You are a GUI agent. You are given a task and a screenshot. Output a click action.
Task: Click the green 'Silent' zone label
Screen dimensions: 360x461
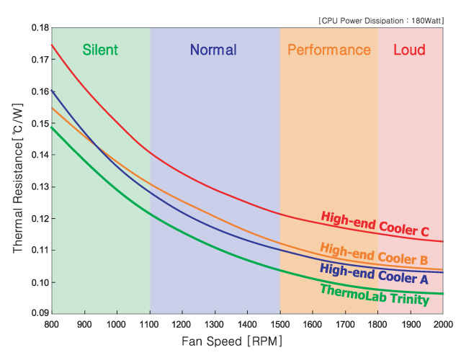pyautogui.click(x=100, y=50)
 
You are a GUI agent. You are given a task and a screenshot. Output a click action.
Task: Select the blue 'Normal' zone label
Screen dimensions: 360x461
pyautogui.click(x=213, y=50)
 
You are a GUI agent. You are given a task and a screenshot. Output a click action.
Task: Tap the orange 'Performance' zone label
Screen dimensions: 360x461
pyautogui.click(x=328, y=50)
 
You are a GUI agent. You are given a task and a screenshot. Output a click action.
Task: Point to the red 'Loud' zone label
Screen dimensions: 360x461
pyautogui.click(x=409, y=50)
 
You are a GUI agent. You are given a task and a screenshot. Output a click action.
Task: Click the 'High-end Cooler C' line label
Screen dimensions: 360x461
pyautogui.click(x=375, y=223)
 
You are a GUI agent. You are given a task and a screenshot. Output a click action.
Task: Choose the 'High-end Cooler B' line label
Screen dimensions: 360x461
pyautogui.click(x=374, y=253)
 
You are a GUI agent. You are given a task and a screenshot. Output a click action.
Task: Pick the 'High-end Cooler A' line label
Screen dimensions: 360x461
pyautogui.click(x=373, y=274)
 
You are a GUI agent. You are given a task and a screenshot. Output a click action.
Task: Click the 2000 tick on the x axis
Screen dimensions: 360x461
pyautogui.click(x=442, y=324)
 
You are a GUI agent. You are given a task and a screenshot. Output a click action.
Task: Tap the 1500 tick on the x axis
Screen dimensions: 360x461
pyautogui.click(x=280, y=324)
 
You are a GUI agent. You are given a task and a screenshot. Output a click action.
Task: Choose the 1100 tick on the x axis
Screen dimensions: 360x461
pyautogui.click(x=150, y=324)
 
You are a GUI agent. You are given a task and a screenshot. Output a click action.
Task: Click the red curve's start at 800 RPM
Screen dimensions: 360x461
pyautogui.click(x=53, y=45)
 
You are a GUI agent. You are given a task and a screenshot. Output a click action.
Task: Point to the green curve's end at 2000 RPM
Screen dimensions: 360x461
pyautogui.click(x=442, y=294)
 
